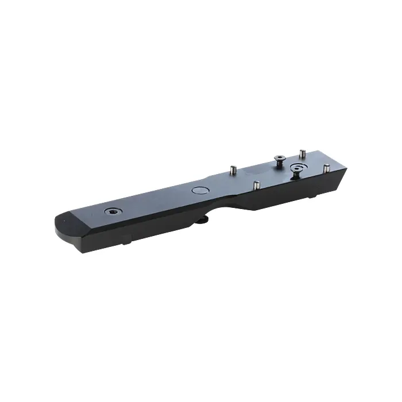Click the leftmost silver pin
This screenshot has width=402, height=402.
tap(233, 170)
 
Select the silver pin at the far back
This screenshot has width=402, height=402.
tap(300, 154)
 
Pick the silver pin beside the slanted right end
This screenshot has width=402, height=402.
tap(326, 169)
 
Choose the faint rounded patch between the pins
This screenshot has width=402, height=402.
tap(256, 171)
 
